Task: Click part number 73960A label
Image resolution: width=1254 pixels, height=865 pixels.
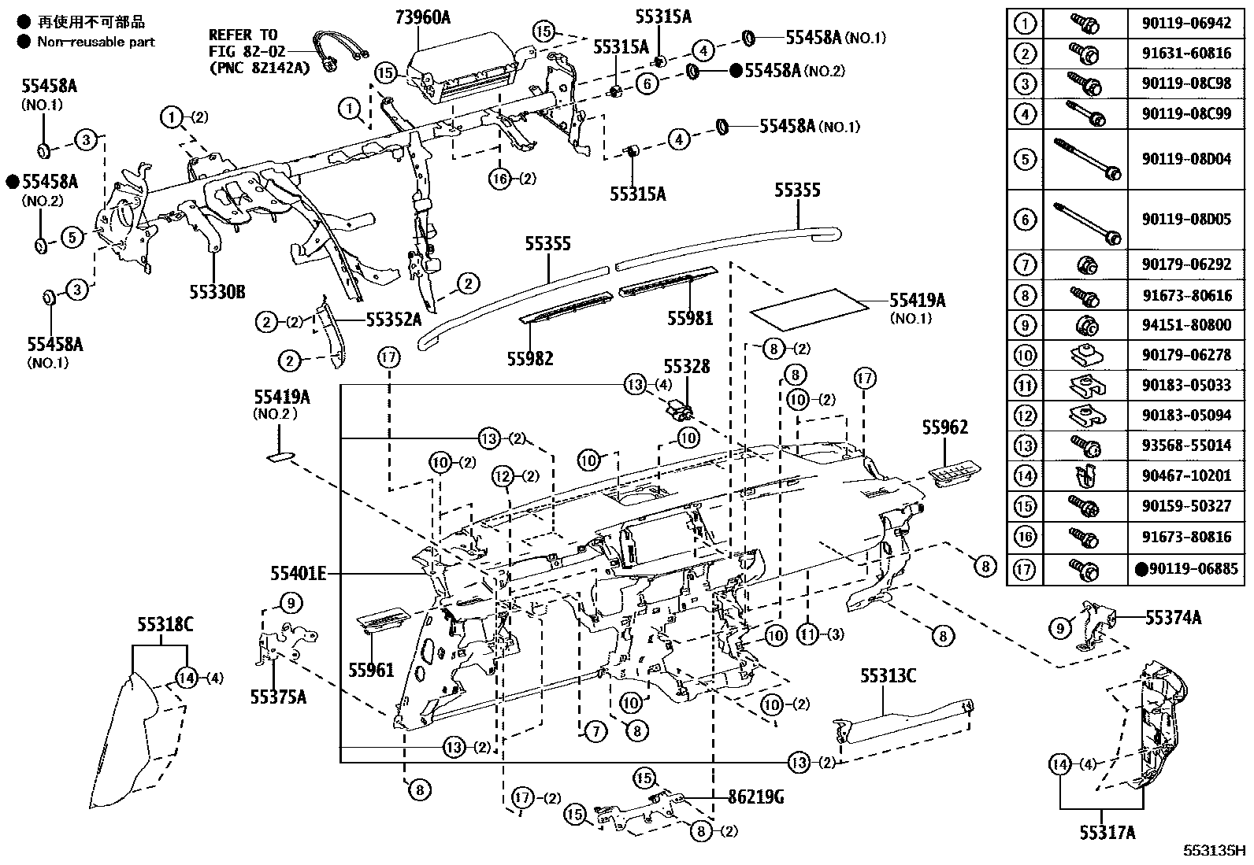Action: click(x=421, y=15)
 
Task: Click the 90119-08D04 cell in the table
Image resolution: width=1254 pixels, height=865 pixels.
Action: click(x=1186, y=160)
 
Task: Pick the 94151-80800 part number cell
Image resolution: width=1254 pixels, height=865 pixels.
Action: click(x=1186, y=325)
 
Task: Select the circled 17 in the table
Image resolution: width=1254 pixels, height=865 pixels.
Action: click(x=1024, y=569)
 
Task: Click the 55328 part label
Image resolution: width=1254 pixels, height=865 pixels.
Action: click(x=686, y=367)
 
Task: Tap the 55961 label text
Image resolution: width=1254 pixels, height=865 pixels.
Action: click(x=371, y=670)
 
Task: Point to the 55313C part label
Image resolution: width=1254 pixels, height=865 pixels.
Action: click(x=888, y=676)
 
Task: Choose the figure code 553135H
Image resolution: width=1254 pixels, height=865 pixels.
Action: click(x=1213, y=851)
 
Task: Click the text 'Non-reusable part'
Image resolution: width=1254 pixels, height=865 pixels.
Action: click(x=96, y=42)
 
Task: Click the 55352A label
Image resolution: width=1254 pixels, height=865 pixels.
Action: click(x=393, y=320)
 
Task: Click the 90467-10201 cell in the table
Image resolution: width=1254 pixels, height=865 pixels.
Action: click(x=1186, y=475)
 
